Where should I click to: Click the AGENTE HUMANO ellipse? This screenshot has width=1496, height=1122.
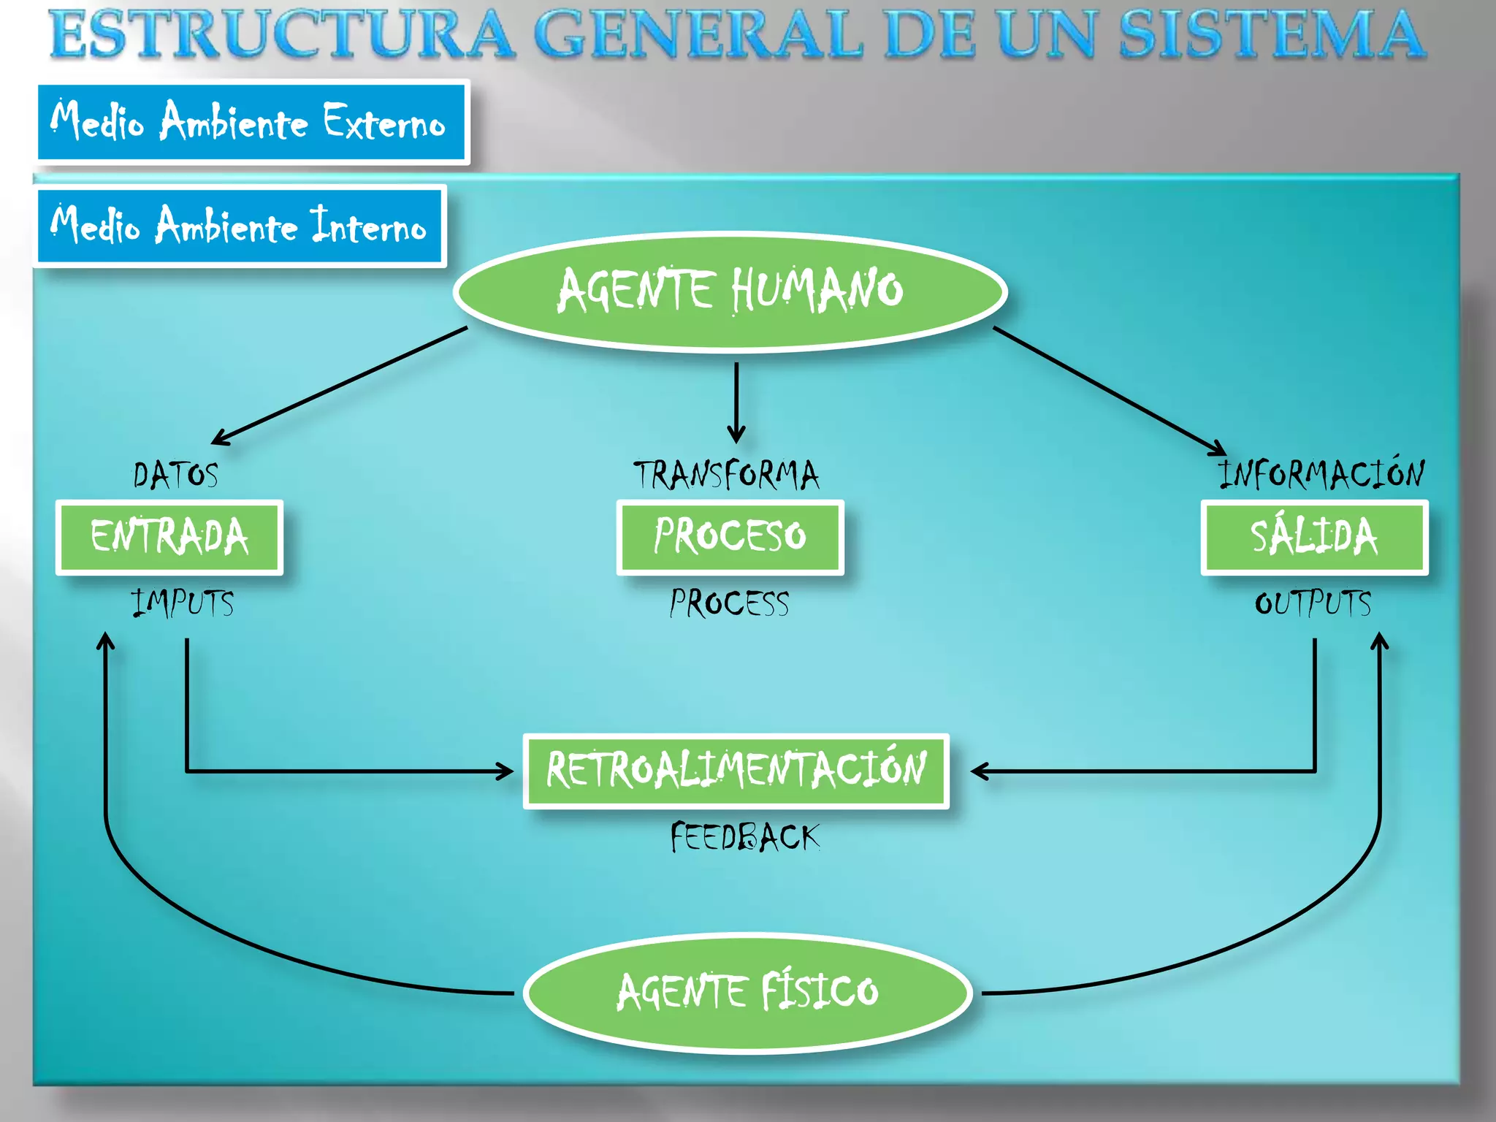(x=730, y=291)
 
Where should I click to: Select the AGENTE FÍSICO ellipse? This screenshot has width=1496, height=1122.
(x=747, y=992)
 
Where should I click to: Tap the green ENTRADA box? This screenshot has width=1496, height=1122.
(x=169, y=537)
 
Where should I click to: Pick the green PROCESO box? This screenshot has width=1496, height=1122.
(x=730, y=537)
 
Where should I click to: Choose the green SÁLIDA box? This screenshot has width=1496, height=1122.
(x=1314, y=537)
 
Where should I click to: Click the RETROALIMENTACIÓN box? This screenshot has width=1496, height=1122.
(x=736, y=771)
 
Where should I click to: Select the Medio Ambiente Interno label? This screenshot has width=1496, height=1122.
(x=240, y=226)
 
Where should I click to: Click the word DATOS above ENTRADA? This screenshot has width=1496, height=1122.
(x=176, y=476)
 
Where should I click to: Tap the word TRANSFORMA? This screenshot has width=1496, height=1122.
(x=726, y=476)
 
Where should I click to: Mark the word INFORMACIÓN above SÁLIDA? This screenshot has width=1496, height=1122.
(x=1321, y=474)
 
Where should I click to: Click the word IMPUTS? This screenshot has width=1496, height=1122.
(x=183, y=604)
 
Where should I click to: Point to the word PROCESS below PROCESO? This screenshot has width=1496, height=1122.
(x=730, y=604)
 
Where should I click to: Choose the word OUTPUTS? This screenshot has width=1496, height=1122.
(x=1313, y=604)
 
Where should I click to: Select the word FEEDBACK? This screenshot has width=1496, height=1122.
(x=745, y=837)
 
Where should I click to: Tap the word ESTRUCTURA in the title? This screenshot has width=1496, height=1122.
(x=282, y=35)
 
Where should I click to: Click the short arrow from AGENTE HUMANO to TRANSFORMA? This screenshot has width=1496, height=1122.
(x=736, y=402)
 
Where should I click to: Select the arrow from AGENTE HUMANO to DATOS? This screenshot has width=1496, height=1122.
(x=340, y=385)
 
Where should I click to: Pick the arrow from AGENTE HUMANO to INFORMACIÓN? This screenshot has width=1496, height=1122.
(x=1110, y=392)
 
